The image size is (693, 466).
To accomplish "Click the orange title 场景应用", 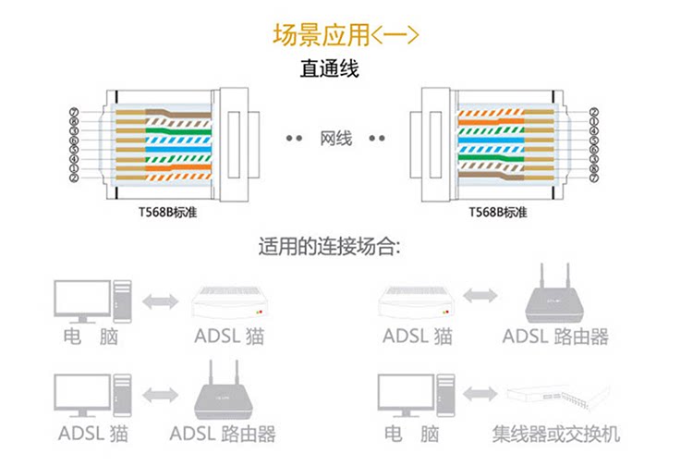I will [320, 35].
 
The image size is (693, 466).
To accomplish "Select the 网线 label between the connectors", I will [335, 139].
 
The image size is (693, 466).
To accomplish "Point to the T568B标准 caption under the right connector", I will [497, 211].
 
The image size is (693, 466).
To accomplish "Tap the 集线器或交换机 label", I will [555, 433].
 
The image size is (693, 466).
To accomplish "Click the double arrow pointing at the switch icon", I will [480, 395].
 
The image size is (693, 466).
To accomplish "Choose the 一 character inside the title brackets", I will [395, 35].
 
